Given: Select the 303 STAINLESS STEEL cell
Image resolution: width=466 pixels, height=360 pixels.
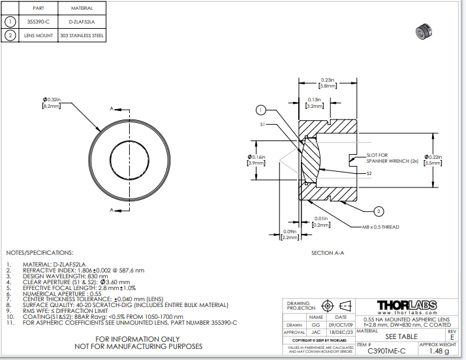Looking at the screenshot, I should [x=81, y=36].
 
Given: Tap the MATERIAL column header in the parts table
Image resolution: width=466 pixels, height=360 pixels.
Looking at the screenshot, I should [x=81, y=8].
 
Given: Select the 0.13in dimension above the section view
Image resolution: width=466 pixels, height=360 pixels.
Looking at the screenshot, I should [x=315, y=99].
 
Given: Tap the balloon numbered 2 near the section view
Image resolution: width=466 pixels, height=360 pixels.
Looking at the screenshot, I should [x=378, y=210].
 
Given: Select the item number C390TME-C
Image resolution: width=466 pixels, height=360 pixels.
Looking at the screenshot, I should [x=386, y=351].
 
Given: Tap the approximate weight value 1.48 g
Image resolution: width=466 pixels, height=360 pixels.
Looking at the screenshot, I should [x=438, y=351].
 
